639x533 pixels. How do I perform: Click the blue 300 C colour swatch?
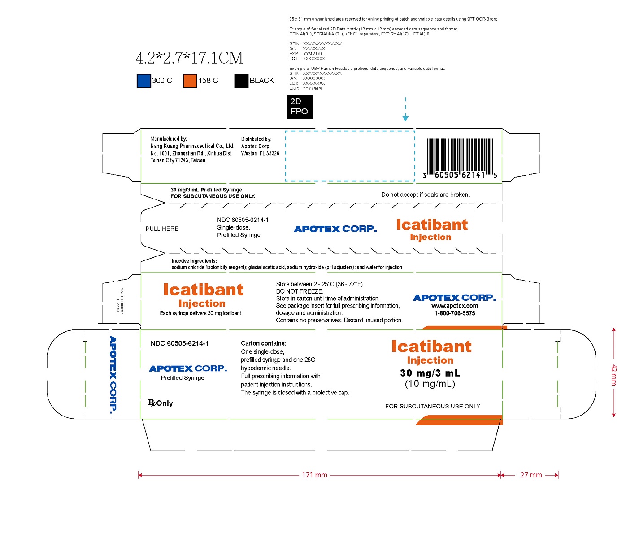[x=143, y=81]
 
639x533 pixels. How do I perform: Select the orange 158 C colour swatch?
[x=190, y=81]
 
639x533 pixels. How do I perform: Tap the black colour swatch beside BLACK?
[x=241, y=81]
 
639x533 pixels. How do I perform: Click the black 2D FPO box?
[x=299, y=107]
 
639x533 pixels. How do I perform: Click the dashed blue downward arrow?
[x=405, y=109]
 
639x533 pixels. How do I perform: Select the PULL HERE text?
[x=162, y=229]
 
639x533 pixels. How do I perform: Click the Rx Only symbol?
[x=160, y=403]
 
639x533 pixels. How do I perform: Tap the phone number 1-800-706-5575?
[x=454, y=313]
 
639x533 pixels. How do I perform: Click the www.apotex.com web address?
[x=454, y=306]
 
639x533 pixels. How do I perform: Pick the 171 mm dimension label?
[x=314, y=475]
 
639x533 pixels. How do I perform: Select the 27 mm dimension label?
[x=531, y=475]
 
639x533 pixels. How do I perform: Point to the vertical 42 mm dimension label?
[x=614, y=375]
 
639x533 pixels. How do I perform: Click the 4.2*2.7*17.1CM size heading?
[x=189, y=58]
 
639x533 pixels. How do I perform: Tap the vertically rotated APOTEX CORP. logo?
[x=113, y=374]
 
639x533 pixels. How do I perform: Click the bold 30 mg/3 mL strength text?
[x=430, y=373]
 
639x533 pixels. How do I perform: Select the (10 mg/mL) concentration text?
[x=430, y=384]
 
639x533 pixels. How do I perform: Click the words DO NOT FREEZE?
[x=300, y=291]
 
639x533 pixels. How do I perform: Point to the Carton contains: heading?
[x=264, y=343]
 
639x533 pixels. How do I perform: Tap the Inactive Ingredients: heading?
[x=194, y=261]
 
